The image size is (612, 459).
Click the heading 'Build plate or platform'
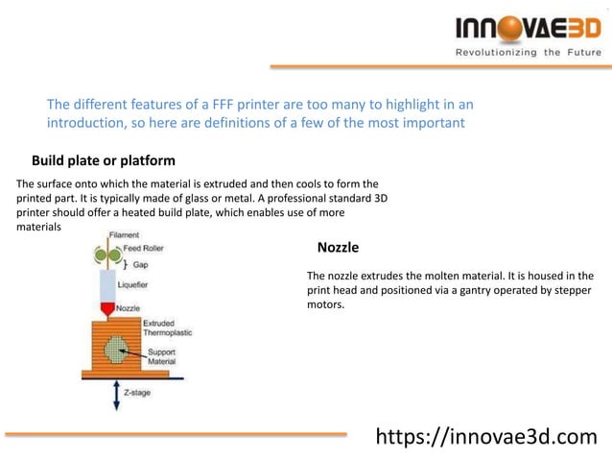click(104, 159)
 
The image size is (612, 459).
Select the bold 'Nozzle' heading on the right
click(338, 248)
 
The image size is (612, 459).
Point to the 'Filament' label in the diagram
click(121, 233)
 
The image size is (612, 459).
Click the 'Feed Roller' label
click(145, 248)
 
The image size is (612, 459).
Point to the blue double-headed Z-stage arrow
click(116, 395)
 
